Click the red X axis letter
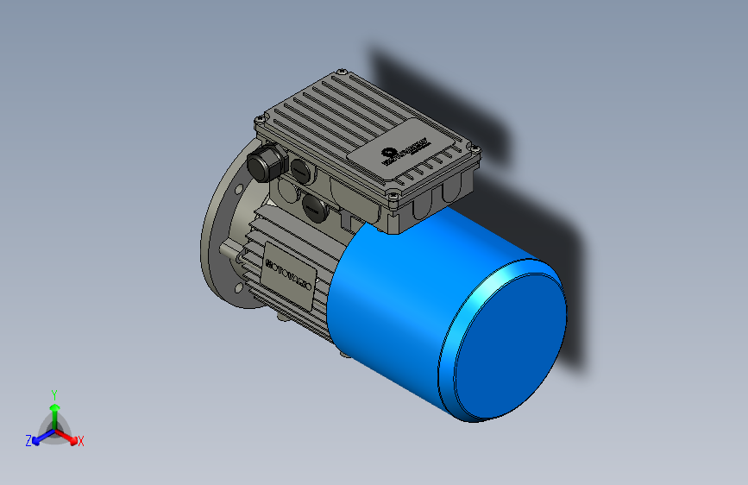pos(81,442)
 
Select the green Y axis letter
pos(54,393)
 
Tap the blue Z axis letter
pos(28,441)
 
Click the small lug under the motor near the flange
pos(283,320)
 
